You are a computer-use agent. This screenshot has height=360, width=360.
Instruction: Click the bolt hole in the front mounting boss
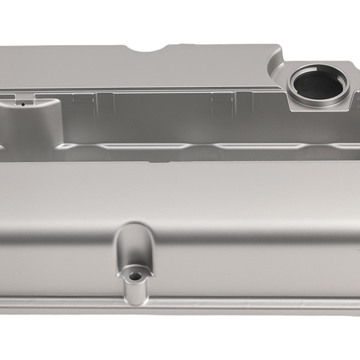pos(134,276)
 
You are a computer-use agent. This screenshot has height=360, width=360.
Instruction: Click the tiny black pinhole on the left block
pos(22,104)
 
